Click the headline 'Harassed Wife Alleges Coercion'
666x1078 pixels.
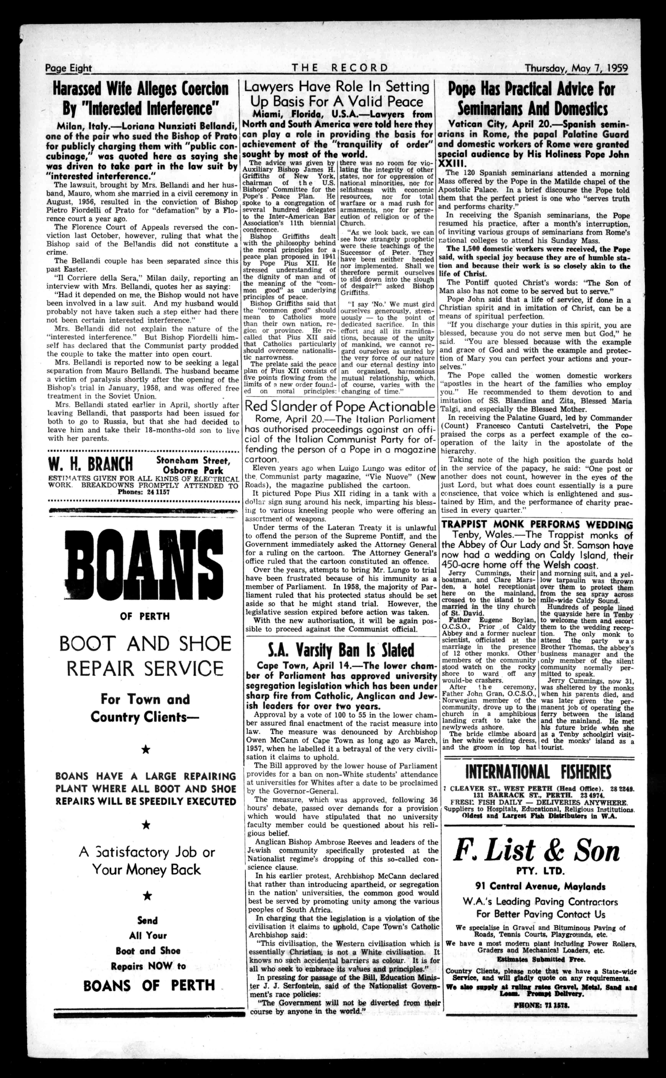(141, 89)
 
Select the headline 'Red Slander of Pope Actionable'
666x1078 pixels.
(340, 406)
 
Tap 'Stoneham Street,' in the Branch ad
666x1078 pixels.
(193, 461)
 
